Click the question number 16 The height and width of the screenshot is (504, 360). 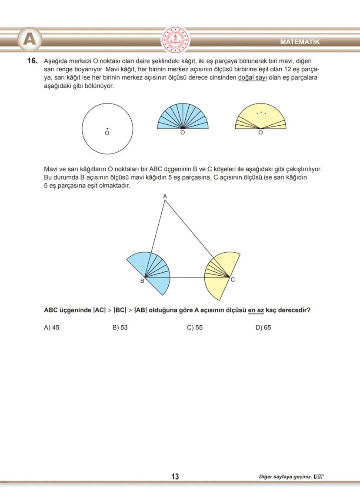(33, 61)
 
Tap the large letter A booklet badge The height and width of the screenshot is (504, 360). (29, 40)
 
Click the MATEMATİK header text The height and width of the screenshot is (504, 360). (300, 42)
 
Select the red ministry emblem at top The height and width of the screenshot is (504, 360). (176, 40)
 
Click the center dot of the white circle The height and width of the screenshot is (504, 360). (107, 129)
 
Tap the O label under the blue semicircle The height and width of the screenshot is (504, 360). (183, 133)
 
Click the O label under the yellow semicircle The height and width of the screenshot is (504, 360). (260, 133)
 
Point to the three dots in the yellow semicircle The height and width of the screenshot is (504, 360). (261, 113)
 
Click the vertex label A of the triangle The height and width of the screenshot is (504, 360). (165, 197)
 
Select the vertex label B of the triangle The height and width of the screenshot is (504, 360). (142, 281)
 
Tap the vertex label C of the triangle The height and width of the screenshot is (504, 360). (233, 280)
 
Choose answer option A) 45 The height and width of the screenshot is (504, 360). (52, 327)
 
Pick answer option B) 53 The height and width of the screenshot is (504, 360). (120, 327)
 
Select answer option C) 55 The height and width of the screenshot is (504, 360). (195, 327)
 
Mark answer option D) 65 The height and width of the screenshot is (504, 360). (263, 327)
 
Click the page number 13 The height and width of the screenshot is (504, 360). (175, 477)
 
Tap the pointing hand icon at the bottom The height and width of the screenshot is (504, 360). (319, 477)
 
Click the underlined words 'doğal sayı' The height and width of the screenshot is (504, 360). (252, 78)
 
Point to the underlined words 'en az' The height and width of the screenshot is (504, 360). (256, 310)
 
